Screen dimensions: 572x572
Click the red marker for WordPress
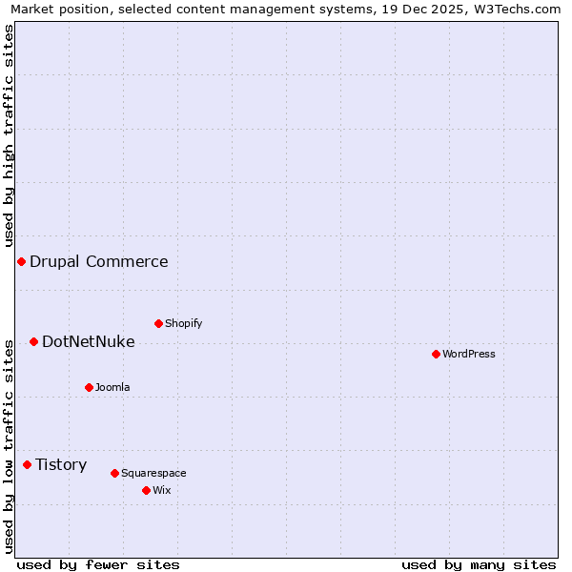[x=436, y=354]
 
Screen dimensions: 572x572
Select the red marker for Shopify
[x=158, y=323]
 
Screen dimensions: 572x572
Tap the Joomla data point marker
[x=89, y=387]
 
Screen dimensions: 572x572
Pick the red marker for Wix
[x=146, y=490]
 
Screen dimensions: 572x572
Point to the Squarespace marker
[x=114, y=473]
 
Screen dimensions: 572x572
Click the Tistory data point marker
[x=27, y=464]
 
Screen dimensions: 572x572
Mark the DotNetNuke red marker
[x=33, y=341]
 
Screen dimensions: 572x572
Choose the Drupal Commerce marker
[x=21, y=261]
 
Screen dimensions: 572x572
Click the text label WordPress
[x=469, y=354]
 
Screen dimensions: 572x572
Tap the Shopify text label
[x=184, y=323]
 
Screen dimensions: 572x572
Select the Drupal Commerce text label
[x=99, y=261]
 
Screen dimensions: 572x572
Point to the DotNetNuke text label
[x=89, y=341]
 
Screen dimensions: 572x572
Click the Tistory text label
[x=62, y=464]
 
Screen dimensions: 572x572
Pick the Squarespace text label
[x=153, y=473]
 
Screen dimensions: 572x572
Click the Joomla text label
[x=112, y=387]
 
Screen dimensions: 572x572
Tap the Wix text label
[x=162, y=490]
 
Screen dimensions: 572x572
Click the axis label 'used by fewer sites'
[x=98, y=564]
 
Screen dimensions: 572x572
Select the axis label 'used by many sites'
[x=479, y=564]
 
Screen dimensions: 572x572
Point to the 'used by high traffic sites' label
[x=9, y=135]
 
